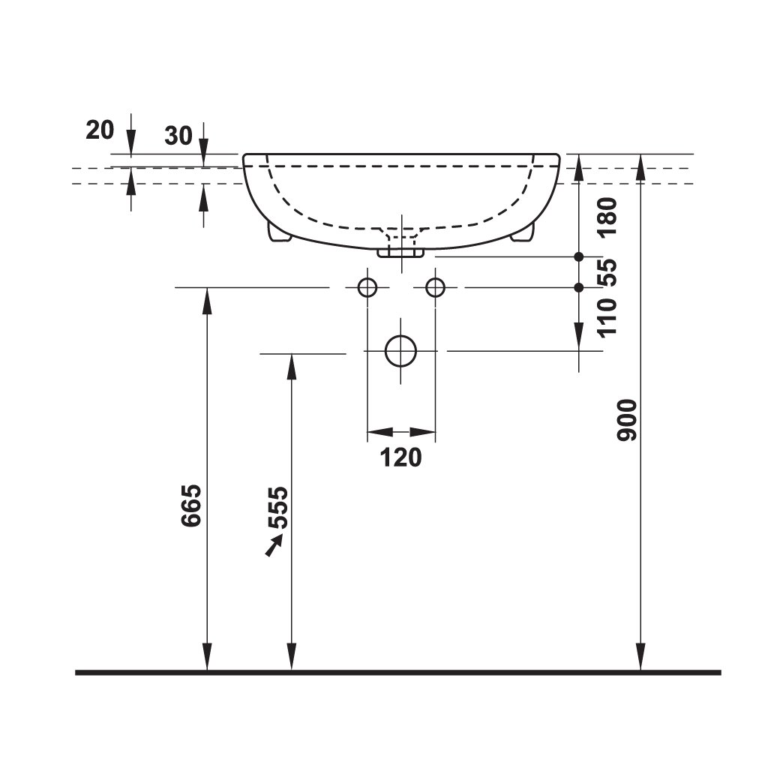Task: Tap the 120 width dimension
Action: [x=401, y=456]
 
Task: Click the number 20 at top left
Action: [x=100, y=130]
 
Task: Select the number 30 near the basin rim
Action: [x=178, y=135]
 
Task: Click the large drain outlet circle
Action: [x=400, y=351]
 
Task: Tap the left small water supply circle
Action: [x=367, y=287]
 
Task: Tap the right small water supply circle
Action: [x=435, y=287]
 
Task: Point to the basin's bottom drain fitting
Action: [x=400, y=250]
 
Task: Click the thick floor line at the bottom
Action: [x=397, y=673]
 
